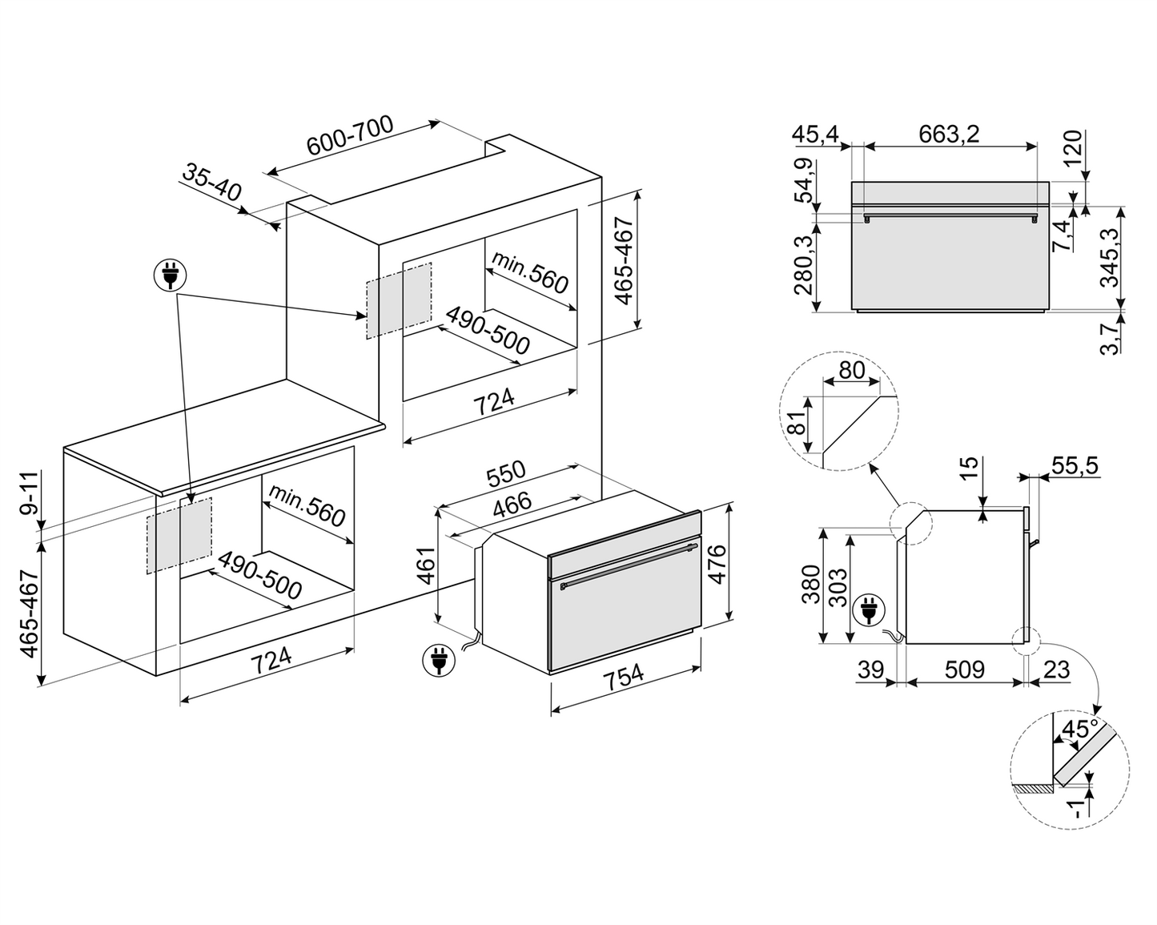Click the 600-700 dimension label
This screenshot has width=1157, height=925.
click(351, 136)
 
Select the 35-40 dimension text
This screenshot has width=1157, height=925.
click(211, 183)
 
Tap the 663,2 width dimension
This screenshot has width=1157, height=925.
click(949, 134)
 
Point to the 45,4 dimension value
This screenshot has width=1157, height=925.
click(815, 134)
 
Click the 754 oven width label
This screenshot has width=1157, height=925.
click(623, 677)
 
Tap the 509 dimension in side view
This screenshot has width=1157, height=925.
click(965, 669)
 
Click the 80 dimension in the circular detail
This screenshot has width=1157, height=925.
click(852, 371)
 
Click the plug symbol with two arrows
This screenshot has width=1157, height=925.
click(170, 275)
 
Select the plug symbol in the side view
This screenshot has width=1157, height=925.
click(868, 610)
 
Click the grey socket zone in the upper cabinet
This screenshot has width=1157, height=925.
click(399, 299)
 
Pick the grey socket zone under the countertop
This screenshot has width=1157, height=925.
click(179, 534)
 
